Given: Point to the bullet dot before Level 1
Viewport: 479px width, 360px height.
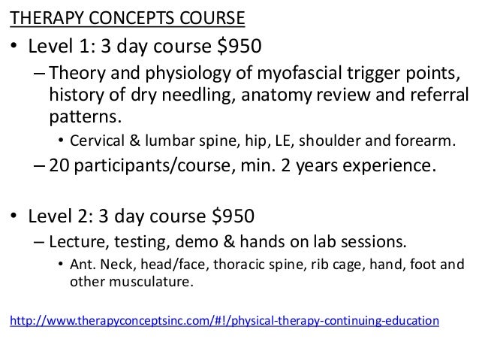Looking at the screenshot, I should pyautogui.click(x=14, y=49).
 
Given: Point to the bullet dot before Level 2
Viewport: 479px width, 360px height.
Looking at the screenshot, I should pyautogui.click(x=14, y=217).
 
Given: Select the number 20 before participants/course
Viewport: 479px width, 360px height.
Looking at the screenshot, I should pyautogui.click(x=59, y=166).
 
